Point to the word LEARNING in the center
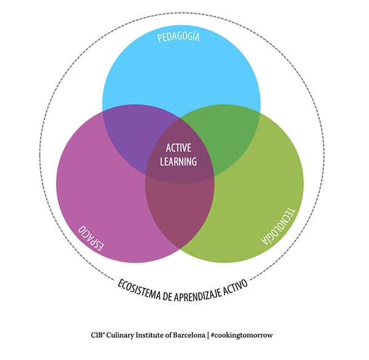pyautogui.click(x=179, y=162)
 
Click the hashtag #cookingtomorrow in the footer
pyautogui.click(x=243, y=335)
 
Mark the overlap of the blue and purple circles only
pyautogui.click(x=126, y=132)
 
